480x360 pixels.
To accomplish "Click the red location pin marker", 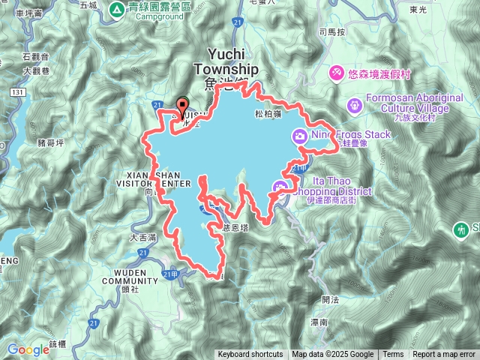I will pyautogui.click(x=181, y=106).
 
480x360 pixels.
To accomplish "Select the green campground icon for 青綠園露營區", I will pyautogui.click(x=117, y=10).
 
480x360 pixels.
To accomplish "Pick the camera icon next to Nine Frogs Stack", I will pyautogui.click(x=300, y=136).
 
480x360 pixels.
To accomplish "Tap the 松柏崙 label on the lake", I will pyautogui.click(x=268, y=114).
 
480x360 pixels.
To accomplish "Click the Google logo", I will pyautogui.click(x=28, y=349).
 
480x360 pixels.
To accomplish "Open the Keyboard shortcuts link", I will pyautogui.click(x=250, y=355).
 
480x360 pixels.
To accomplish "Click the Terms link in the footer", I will pyautogui.click(x=392, y=355).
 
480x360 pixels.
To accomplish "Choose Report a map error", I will pyautogui.click(x=445, y=355).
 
